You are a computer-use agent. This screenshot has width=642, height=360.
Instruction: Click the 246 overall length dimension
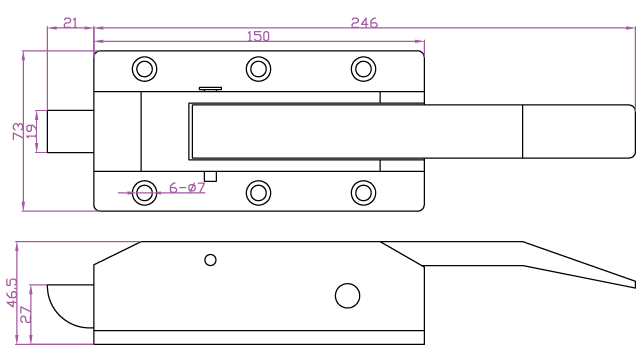[364, 22]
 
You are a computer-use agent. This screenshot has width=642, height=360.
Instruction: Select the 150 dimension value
[259, 36]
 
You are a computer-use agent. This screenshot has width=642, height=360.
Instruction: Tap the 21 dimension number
[70, 22]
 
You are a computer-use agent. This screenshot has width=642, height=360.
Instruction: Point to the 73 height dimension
[18, 131]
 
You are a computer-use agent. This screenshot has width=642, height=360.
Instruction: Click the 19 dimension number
[32, 131]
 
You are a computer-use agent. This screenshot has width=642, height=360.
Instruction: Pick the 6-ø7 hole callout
[187, 188]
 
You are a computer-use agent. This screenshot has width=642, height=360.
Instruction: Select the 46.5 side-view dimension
[12, 292]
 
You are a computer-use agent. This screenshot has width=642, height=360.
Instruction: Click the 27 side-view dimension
[25, 314]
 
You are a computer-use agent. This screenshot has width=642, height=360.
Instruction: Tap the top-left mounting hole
[145, 69]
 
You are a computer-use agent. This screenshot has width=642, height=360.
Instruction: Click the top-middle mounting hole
[259, 69]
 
